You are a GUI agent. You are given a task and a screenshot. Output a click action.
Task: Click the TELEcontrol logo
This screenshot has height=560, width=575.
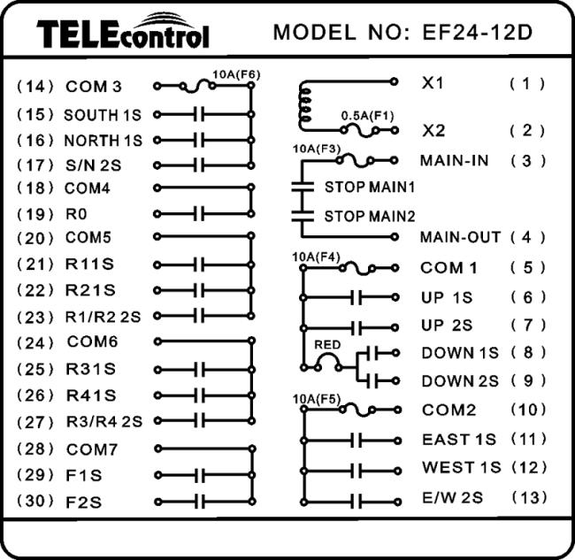(123, 32)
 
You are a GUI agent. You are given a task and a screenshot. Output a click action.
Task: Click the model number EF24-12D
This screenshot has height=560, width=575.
(477, 32)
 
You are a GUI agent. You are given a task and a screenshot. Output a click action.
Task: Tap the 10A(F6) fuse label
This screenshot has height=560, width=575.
(236, 74)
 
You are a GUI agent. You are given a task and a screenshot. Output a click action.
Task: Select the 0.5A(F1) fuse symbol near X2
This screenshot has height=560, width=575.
(360, 130)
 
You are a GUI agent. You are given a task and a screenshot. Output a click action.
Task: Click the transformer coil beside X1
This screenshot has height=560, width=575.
(304, 104)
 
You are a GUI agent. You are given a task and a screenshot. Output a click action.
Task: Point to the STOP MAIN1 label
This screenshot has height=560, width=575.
(369, 187)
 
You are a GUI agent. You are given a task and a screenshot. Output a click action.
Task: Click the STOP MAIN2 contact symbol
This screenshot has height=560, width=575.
(303, 216)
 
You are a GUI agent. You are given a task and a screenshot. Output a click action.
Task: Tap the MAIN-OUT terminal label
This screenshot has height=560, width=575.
(460, 237)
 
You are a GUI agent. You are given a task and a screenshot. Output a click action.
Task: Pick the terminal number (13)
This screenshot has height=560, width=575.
(528, 498)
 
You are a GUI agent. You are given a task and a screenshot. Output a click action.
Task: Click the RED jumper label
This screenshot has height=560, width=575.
(327, 345)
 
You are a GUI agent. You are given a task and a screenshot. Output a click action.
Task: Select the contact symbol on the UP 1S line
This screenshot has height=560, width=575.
(356, 297)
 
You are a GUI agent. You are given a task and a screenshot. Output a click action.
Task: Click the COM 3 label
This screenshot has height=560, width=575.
(93, 87)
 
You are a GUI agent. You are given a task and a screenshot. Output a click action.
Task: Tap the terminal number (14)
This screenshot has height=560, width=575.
(35, 87)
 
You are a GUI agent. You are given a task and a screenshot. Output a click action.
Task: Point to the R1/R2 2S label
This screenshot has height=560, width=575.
(103, 317)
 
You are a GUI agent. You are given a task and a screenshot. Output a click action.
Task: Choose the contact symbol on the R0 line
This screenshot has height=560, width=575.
(200, 214)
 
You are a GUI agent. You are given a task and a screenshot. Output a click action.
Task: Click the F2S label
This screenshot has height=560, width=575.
(83, 502)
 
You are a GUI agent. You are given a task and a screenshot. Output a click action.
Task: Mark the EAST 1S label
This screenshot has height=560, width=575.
(458, 440)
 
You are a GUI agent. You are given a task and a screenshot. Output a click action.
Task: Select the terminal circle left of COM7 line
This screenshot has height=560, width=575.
(158, 449)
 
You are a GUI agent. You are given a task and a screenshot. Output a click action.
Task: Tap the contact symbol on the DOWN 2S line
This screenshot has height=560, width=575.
(374, 381)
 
